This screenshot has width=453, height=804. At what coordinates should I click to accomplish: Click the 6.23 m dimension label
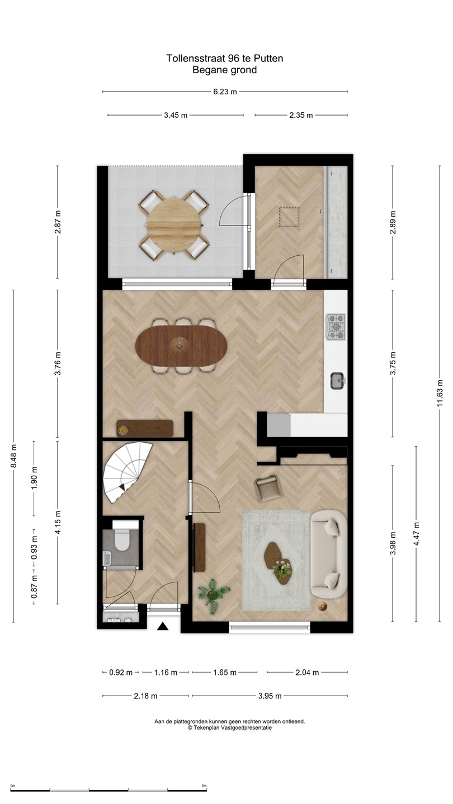point(225,92)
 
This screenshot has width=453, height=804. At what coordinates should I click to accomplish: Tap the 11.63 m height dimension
point(440,394)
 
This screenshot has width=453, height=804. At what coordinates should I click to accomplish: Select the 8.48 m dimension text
point(13,456)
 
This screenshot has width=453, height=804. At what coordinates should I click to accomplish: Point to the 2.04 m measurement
point(307,673)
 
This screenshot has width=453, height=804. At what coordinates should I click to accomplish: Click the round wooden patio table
point(174,223)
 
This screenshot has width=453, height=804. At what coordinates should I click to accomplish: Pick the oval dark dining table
point(181,345)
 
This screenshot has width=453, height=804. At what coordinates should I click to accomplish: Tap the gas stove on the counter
point(336,327)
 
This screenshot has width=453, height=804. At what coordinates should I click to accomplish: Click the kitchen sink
point(338,381)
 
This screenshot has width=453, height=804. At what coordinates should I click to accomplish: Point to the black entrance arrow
point(163,626)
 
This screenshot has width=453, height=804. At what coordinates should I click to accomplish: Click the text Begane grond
point(225,70)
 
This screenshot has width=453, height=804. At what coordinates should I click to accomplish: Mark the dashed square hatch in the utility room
point(290,217)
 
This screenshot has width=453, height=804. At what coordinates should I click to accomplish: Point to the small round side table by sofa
point(323,607)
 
